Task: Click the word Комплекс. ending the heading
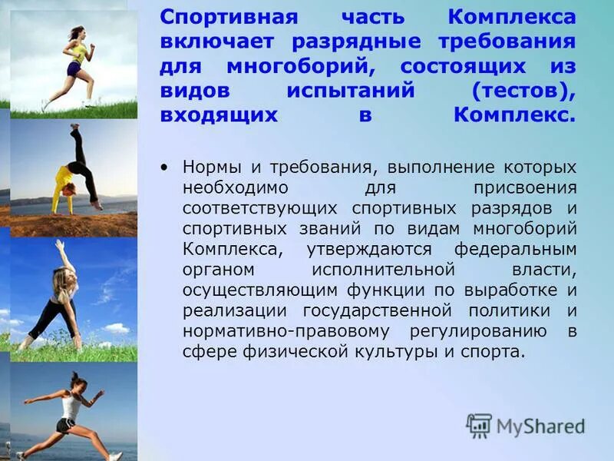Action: point(513,115)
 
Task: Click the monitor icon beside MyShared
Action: point(479,426)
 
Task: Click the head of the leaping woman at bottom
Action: point(76,381)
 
